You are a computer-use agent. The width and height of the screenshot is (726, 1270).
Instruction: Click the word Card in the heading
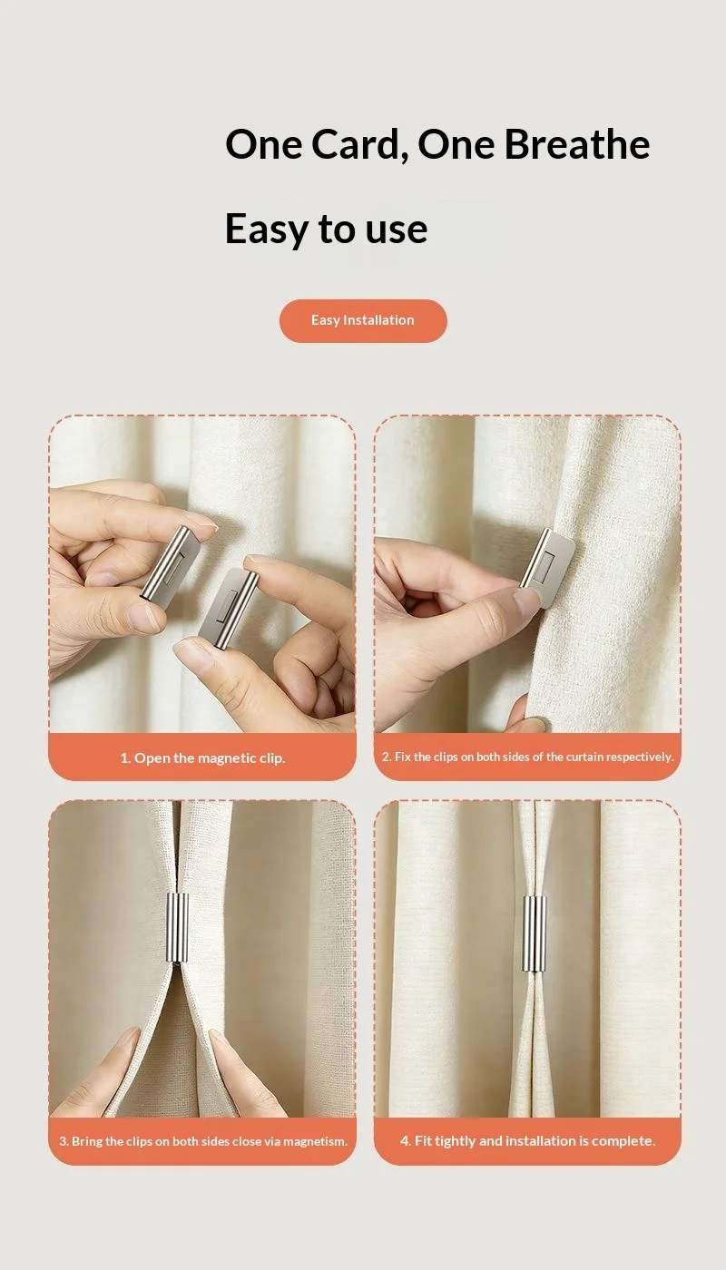pos(357,144)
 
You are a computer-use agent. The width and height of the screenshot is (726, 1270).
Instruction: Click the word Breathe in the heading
pos(577,143)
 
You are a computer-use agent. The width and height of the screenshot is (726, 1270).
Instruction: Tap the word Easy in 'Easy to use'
pos(266,229)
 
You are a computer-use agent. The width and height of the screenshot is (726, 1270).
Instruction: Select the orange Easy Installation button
pos(363,320)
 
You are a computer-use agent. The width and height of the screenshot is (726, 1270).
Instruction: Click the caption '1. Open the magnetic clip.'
pos(202,758)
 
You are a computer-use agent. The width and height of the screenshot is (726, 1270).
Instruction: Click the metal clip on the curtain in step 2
pos(547,566)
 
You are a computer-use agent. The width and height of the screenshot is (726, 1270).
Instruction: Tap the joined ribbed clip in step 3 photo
pos(177,928)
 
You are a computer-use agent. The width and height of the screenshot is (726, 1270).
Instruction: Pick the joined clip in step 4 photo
pos(534,933)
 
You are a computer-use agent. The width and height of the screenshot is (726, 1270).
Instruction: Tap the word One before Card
pos(264,144)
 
